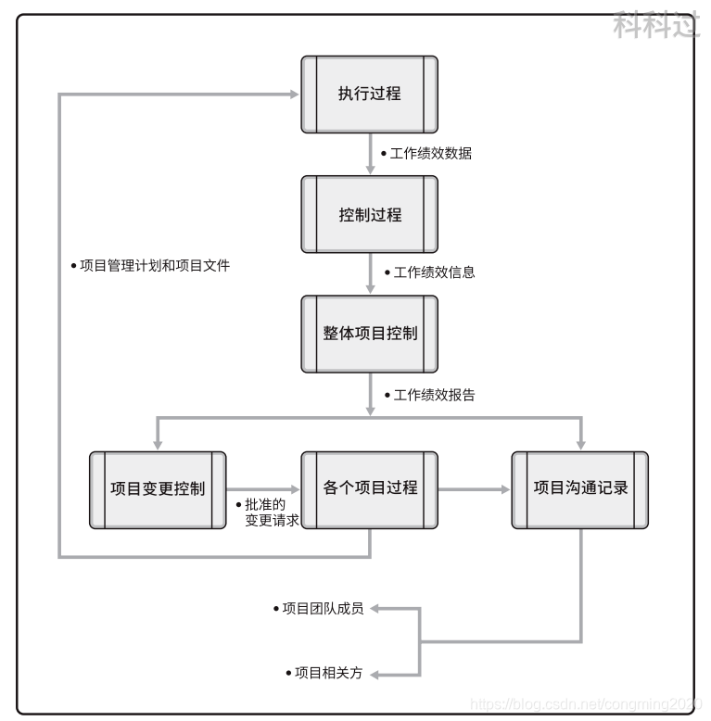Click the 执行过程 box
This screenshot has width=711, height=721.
coord(370,95)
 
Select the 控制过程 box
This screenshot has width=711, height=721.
coord(370,214)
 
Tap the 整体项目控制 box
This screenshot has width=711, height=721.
coord(370,334)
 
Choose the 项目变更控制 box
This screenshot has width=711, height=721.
coord(158,489)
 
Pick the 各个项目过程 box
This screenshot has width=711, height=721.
coord(370,489)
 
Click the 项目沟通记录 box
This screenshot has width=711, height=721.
coord(580,489)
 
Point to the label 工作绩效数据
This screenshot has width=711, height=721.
coord(430,154)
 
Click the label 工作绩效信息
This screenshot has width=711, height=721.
coord(434,273)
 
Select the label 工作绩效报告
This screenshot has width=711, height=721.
coord(434,395)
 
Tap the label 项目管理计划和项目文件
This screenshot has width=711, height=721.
coord(153,266)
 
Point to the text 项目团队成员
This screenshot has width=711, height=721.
coord(322,609)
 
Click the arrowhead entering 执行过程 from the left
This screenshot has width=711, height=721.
coord(292,95)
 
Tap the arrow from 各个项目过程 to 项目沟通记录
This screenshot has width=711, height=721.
coord(474,489)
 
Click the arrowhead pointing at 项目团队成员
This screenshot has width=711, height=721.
coord(378,609)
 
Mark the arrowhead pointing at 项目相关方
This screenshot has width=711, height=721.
coord(378,673)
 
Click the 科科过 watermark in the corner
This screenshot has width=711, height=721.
coord(655,25)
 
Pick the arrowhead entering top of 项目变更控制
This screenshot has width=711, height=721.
coord(158,443)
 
